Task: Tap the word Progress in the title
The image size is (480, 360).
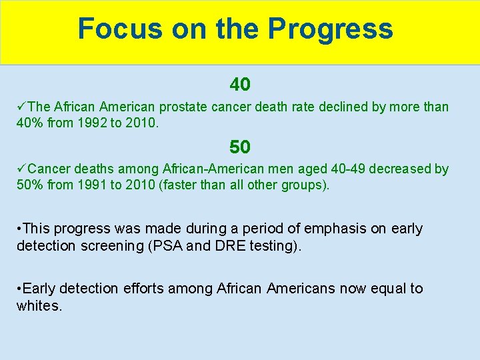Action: tap(331, 29)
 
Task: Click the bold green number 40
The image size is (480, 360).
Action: tap(240, 85)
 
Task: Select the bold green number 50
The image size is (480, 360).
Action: tap(240, 147)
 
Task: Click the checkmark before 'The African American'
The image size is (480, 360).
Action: tap(22, 107)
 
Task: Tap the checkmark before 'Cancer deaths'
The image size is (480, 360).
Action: tap(22, 169)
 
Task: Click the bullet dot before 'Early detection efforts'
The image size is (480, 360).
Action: tap(20, 289)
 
